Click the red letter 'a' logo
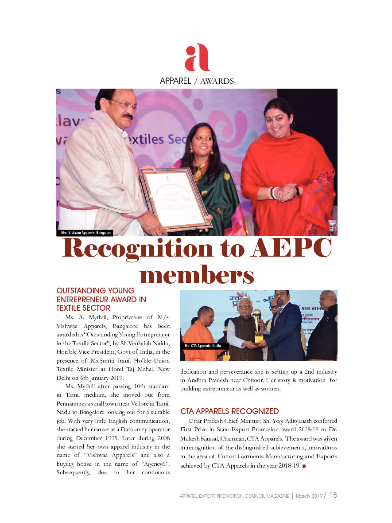[197, 58]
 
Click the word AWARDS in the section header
[217, 81]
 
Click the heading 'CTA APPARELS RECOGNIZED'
[229, 411]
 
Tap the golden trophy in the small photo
[257, 326]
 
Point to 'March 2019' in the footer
[309, 496]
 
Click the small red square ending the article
[304, 466]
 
